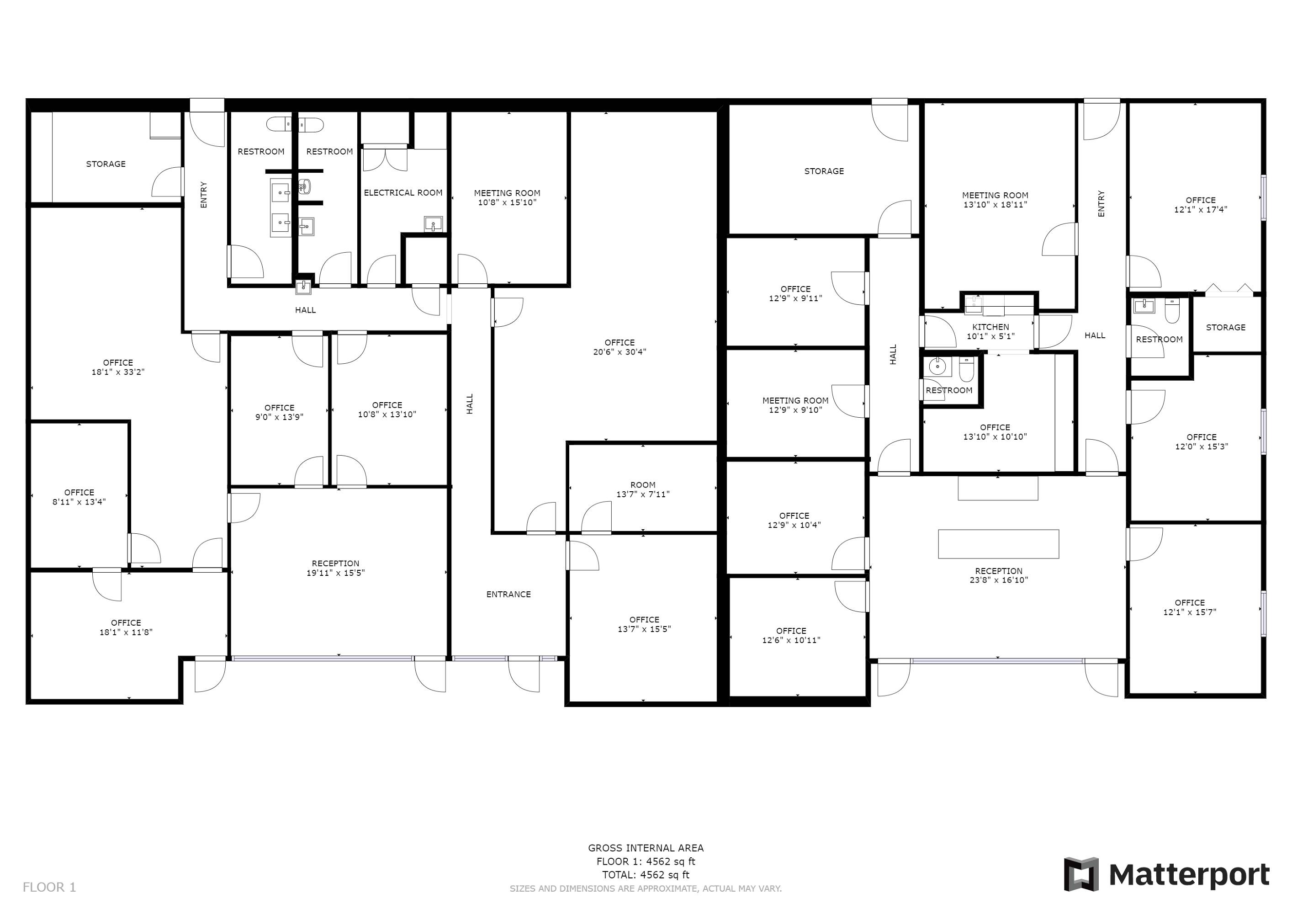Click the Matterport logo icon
coord(1081,874)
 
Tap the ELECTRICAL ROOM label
coord(403,192)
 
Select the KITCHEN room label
coord(990,327)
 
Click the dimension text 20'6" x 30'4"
coord(620,352)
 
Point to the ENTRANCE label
coord(508,594)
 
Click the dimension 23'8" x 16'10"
coord(999,579)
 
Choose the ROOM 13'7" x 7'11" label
coord(643,489)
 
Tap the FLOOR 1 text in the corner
coord(49,887)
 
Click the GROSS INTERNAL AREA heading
coord(646,848)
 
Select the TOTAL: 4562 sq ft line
coord(646,875)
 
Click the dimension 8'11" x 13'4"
coord(79,501)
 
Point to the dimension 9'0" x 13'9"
coord(279,417)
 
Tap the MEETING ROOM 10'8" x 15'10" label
coord(507,197)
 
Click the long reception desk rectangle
coord(998,544)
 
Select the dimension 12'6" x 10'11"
coord(791,640)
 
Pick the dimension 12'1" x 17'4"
coord(1200,209)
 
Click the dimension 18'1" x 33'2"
coord(118,372)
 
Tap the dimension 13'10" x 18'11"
coord(995,205)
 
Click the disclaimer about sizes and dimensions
coord(646,889)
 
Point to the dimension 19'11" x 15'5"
coord(335,573)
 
